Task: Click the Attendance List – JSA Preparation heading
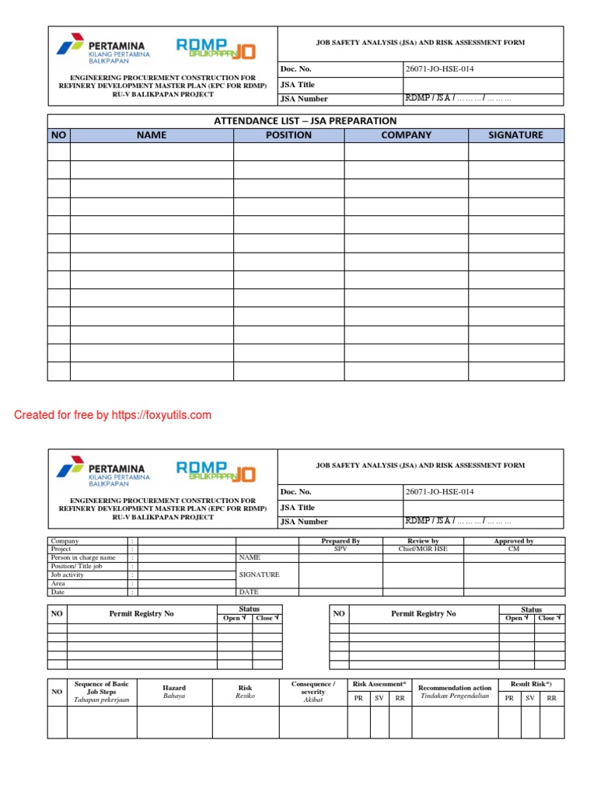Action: pos(305,120)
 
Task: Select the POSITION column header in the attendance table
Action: pos(288,135)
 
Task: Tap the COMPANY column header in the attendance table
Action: pos(406,135)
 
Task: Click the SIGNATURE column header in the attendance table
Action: pos(515,135)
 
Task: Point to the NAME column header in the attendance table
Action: pos(152,135)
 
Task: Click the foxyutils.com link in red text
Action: pos(162,415)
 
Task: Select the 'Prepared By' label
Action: pos(340,541)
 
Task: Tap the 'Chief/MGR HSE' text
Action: pos(423,550)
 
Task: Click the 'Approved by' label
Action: pos(514,541)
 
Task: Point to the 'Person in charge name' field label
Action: pos(83,557)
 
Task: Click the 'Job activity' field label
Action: pos(68,574)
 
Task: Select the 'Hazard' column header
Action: pos(174,688)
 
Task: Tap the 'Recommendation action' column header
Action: pos(455,688)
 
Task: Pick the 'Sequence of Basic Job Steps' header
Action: pos(101,688)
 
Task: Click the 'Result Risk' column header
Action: pos(531,684)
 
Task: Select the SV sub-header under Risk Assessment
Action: pos(379,699)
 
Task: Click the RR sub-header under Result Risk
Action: pos(551,699)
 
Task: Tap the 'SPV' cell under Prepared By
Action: pos(340,550)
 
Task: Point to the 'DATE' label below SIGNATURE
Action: pos(249,592)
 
